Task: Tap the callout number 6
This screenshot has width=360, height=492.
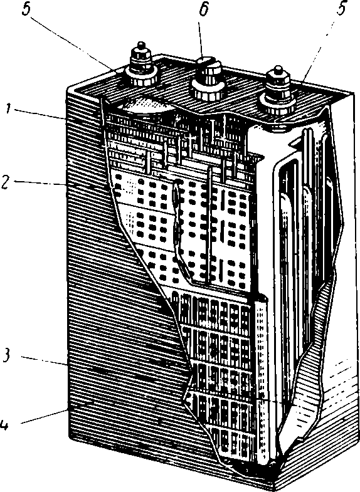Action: point(204,10)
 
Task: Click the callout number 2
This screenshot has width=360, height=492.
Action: point(6,182)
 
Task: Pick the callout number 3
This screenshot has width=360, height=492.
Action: point(6,357)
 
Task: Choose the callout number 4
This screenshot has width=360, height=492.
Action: point(5,424)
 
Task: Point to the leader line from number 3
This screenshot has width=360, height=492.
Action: point(45,361)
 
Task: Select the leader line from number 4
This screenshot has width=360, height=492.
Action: point(44,417)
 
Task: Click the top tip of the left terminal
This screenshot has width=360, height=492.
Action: point(142,42)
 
